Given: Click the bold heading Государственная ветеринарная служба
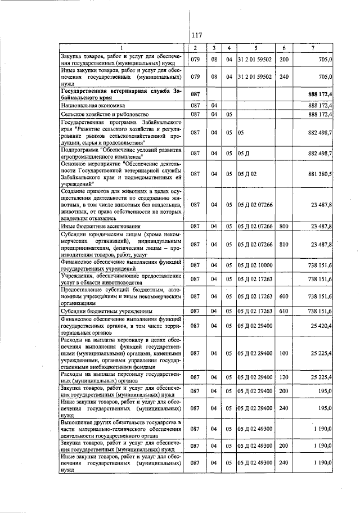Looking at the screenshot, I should point(121,93).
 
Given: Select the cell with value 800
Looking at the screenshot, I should point(283,226).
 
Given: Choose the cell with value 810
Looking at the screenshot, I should point(283,245).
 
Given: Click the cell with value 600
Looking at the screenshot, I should point(283,296).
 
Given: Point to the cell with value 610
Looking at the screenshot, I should point(283,310).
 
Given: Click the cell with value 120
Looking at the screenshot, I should point(283,377).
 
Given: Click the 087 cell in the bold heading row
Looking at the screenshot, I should point(195,93).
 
